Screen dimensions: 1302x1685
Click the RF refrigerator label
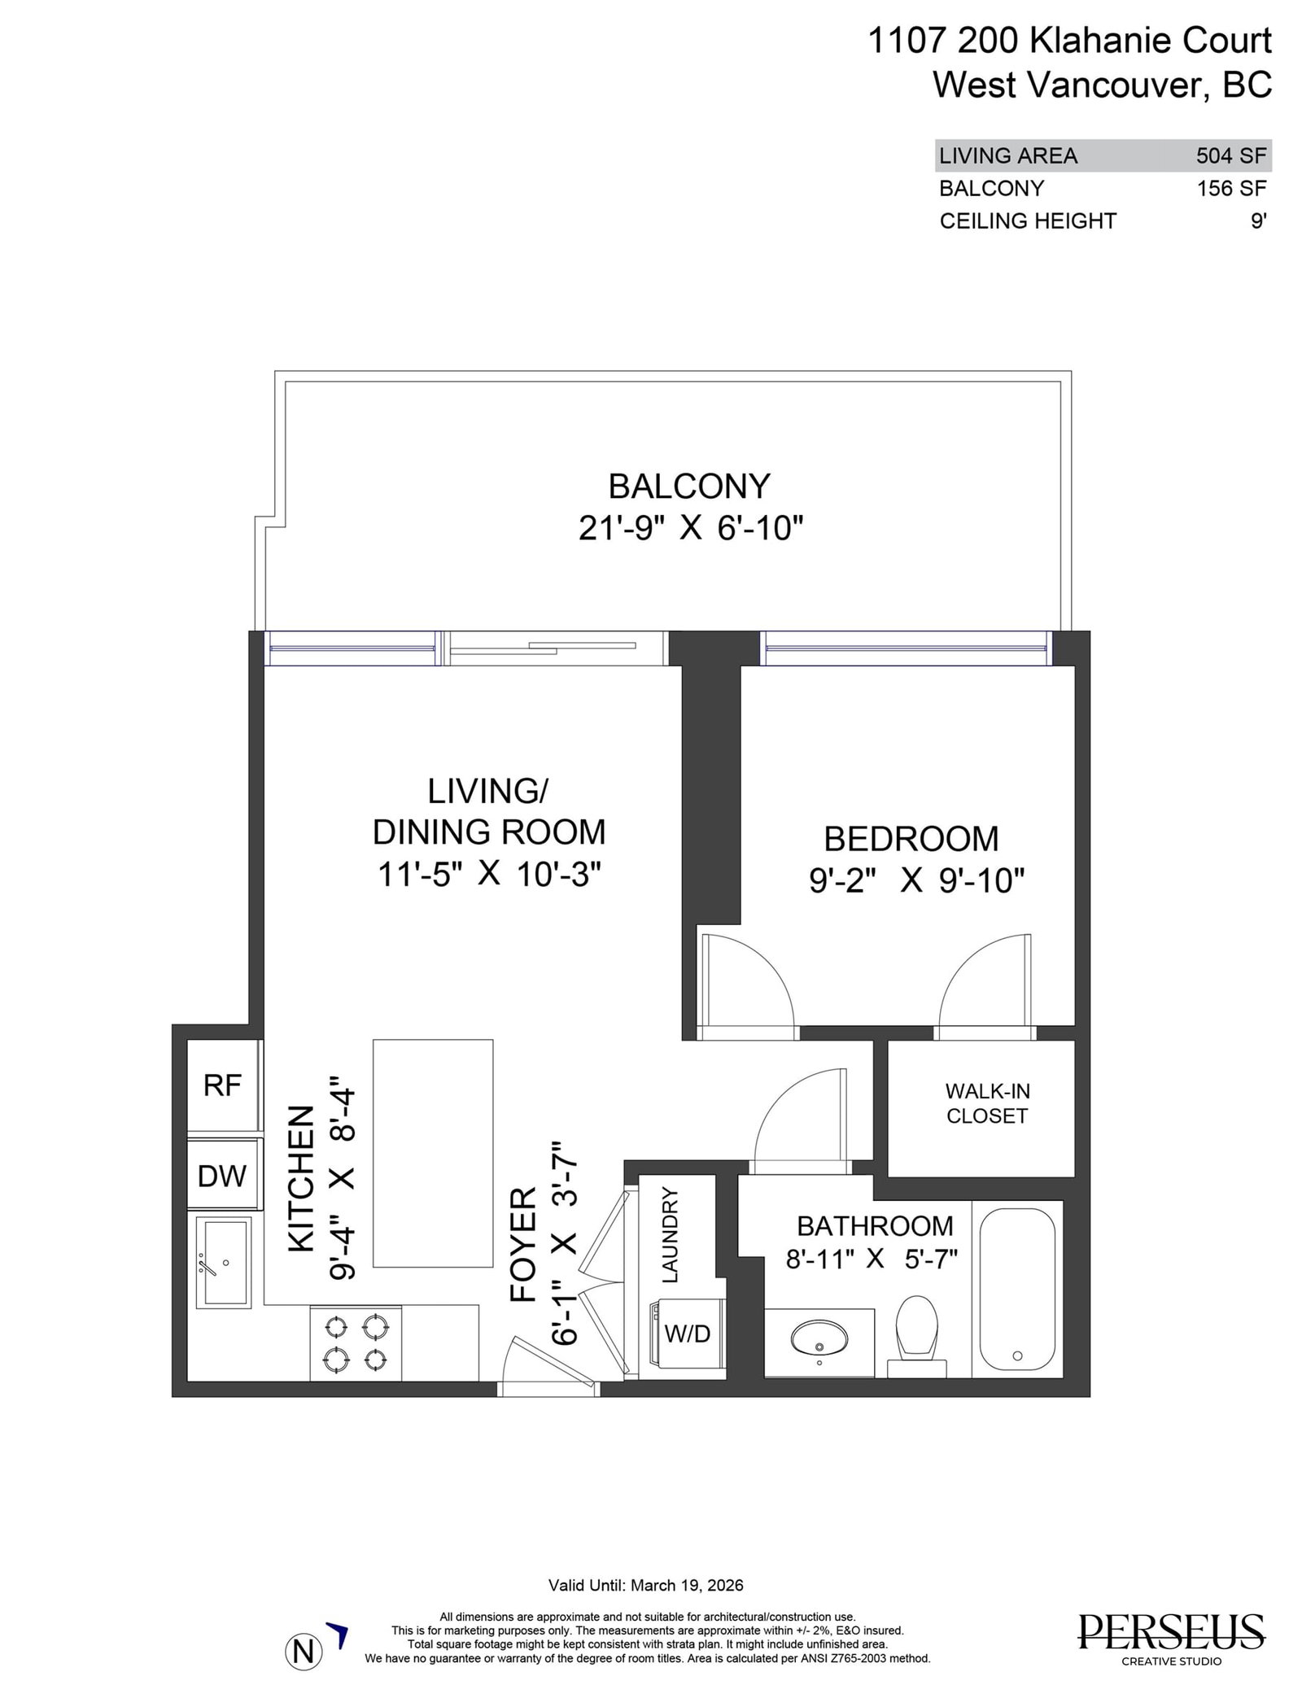pos(222,1085)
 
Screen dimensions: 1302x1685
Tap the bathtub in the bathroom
pos(1017,1288)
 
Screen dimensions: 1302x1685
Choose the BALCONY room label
pos(688,487)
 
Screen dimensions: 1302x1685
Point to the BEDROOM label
pos(911,839)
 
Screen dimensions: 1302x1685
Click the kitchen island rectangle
pos(433,1153)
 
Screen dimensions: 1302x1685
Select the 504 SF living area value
pos(1231,155)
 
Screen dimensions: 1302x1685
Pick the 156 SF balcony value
pos(1231,188)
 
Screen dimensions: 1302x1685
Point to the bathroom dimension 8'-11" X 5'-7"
pos(872,1259)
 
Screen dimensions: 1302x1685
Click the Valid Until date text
pos(646,1585)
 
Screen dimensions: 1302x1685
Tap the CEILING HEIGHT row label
pos(1028,220)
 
